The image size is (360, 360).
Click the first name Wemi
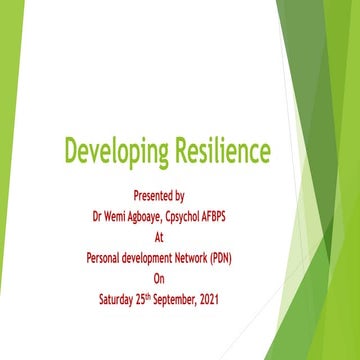(x=122, y=215)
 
